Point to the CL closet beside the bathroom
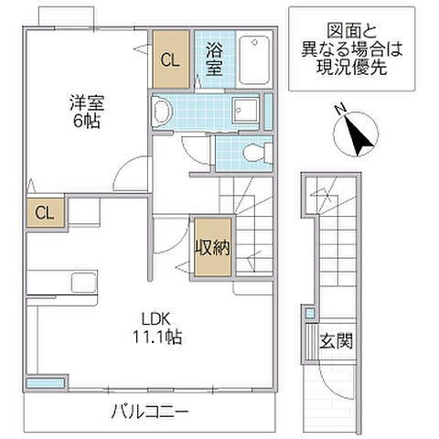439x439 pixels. coord(171,60)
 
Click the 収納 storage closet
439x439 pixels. coord(211,246)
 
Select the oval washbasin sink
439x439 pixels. coord(163,112)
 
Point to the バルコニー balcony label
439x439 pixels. coord(151,411)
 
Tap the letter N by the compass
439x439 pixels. coord(339,111)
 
